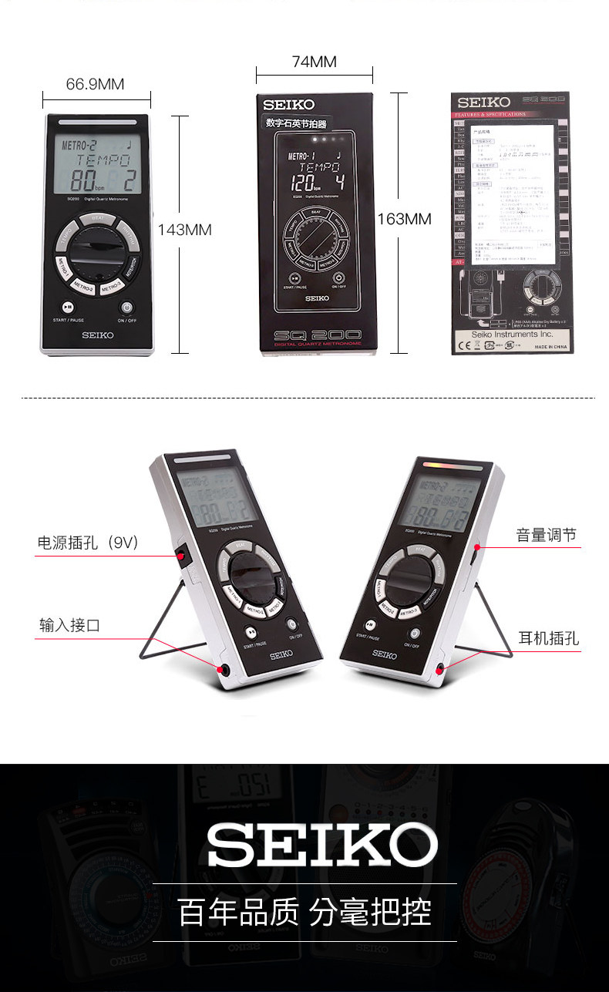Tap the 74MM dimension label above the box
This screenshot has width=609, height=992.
click(x=314, y=62)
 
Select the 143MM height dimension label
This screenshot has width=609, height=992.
click(x=184, y=229)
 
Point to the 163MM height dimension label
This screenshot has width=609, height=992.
click(x=404, y=219)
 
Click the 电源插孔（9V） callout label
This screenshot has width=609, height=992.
click(x=88, y=543)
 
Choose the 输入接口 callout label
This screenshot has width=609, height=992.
click(x=69, y=624)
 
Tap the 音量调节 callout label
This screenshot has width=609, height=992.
click(x=546, y=535)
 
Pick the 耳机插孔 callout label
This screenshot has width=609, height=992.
click(x=548, y=637)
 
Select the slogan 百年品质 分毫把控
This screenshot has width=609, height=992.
click(x=304, y=912)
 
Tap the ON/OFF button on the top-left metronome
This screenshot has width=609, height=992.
click(x=127, y=306)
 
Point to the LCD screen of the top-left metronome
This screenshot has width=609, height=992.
click(x=98, y=165)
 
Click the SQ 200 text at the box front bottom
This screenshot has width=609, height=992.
click(x=315, y=336)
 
